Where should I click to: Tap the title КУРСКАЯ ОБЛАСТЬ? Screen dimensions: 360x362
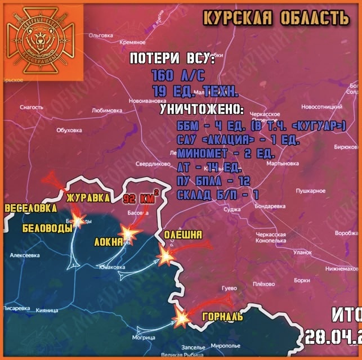[x=275, y=18]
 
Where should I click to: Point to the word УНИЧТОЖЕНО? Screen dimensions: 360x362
[x=202, y=109]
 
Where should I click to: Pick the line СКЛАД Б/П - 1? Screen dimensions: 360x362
[x=217, y=195]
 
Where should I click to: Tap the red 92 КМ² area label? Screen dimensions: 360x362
[x=139, y=198]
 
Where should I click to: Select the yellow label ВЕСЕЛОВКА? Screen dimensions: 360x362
[x=31, y=209]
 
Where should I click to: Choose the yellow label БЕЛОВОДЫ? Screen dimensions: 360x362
[x=47, y=229]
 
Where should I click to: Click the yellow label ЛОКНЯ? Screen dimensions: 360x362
[x=109, y=242]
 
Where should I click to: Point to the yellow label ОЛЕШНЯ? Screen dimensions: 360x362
[x=183, y=234]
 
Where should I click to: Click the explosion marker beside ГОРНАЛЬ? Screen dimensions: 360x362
[x=182, y=318]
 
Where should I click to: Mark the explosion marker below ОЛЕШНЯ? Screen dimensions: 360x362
[x=167, y=256]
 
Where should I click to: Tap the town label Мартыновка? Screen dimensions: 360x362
[x=282, y=164]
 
